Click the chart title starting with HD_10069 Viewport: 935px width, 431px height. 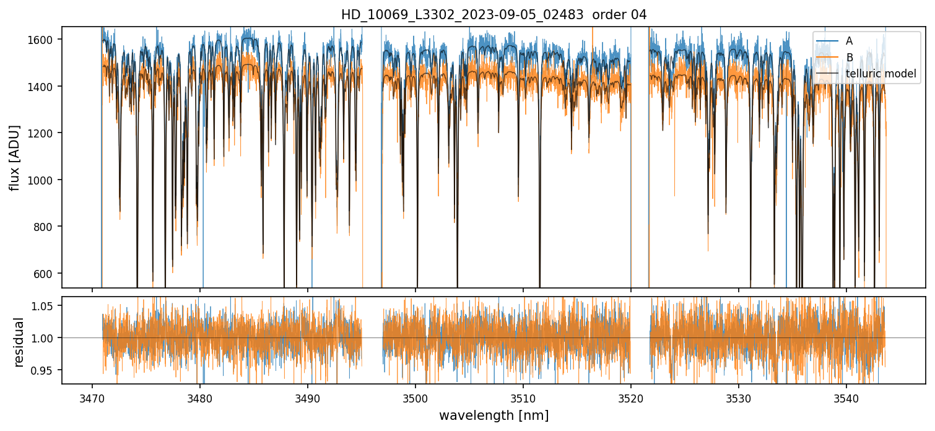coord(494,15)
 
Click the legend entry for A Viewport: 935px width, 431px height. coord(849,41)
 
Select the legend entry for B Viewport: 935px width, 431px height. coord(849,58)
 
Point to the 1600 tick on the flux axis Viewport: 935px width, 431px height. coord(44,40)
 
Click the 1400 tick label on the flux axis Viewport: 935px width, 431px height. coord(44,86)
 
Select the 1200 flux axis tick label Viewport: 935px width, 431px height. coord(44,133)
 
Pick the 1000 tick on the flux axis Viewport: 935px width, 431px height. coord(44,180)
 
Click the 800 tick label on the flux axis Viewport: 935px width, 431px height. coord(46,227)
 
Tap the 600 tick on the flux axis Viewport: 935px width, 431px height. coord(46,273)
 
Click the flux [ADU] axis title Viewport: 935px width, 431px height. coord(15,157)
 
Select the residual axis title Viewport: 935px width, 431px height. coord(19,342)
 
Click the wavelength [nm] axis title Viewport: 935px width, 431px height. coord(494,416)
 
